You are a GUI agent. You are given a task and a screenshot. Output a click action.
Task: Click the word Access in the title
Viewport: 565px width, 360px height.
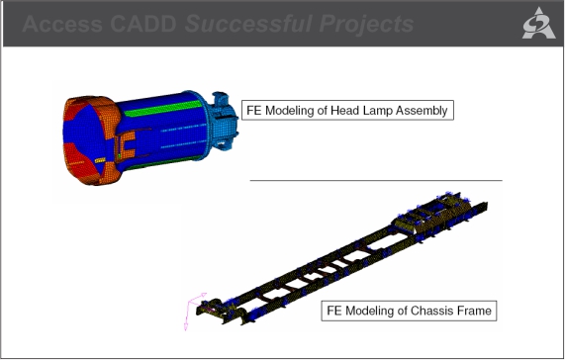pyautogui.click(x=62, y=24)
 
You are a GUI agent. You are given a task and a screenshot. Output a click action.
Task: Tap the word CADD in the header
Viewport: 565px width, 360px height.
pyautogui.click(x=143, y=24)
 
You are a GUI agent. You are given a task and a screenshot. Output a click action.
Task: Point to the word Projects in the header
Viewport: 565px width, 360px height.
pyautogui.click(x=366, y=24)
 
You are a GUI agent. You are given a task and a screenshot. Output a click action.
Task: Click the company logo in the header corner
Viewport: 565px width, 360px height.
pyautogui.click(x=538, y=23)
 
